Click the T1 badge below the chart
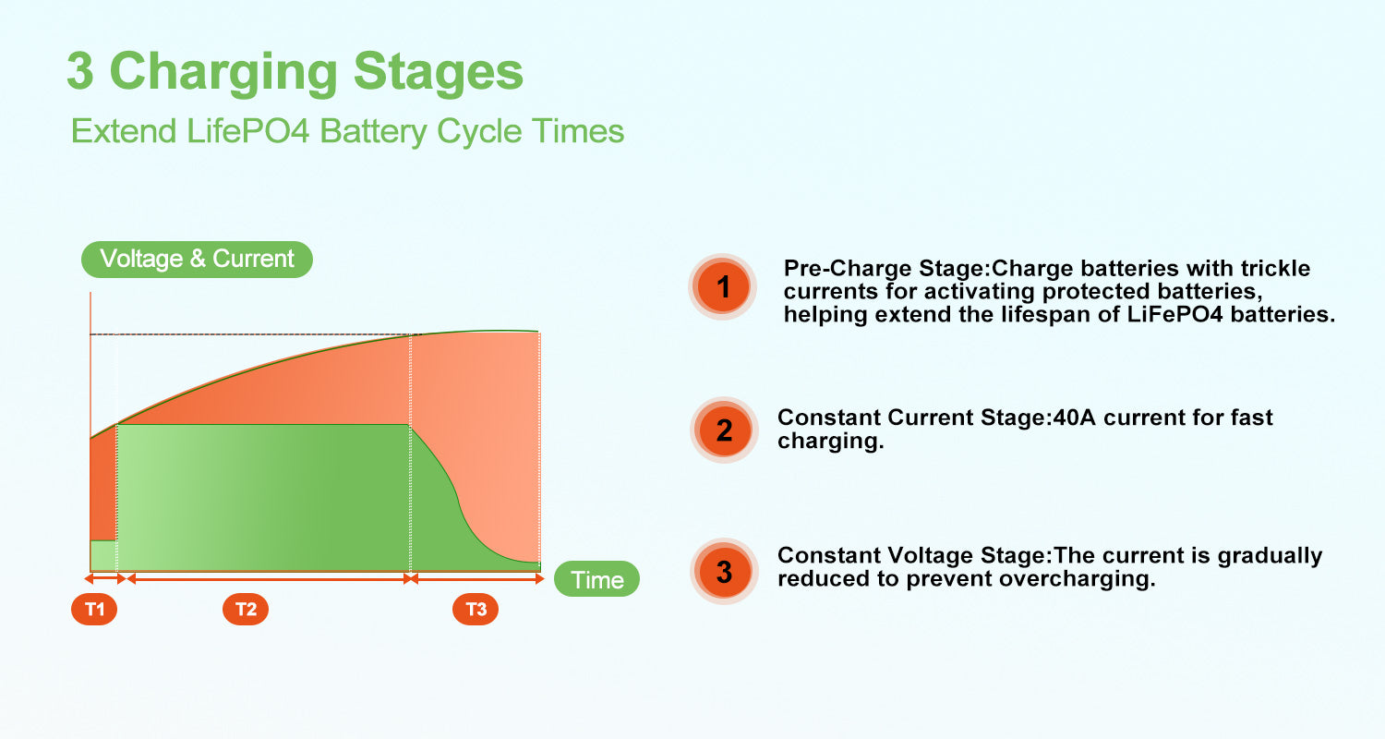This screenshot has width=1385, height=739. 94,609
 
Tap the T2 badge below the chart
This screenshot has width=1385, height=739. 246,609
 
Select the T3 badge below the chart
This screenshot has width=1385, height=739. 476,609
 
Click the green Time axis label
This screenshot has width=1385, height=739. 596,579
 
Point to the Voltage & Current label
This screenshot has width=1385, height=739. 197,260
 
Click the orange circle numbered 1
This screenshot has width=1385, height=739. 723,287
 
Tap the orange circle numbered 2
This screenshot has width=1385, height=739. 723,430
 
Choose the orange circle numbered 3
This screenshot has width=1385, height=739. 723,572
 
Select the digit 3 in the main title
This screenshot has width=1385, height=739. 80,71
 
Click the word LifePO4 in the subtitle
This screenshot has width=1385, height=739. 247,131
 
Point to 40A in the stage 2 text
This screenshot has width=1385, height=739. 1074,418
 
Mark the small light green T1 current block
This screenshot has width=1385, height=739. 103,555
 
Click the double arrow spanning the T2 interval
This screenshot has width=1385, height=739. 269,579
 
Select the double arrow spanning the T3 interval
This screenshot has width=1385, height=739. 476,579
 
